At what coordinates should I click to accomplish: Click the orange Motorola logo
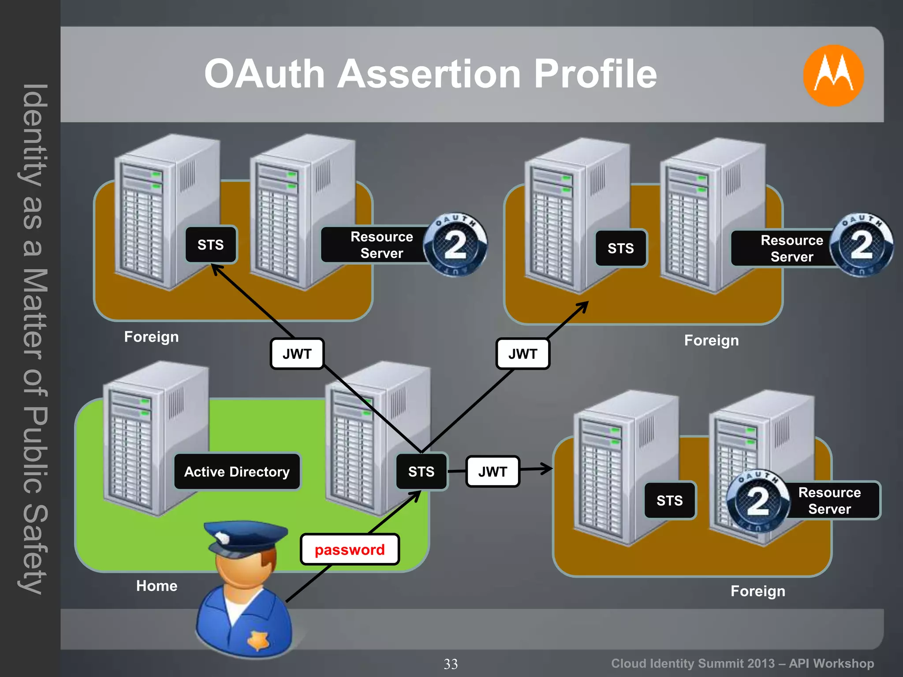coord(833,75)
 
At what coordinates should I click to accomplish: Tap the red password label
coord(350,550)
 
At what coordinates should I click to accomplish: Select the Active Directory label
coord(237,472)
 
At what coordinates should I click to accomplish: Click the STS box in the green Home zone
coord(421,472)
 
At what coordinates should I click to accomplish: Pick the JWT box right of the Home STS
coord(493,472)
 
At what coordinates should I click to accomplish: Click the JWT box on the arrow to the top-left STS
coord(297,353)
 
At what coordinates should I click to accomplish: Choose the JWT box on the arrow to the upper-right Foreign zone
coord(522,353)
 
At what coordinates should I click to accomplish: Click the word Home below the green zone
coord(157,586)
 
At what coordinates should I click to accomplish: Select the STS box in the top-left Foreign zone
coord(211,245)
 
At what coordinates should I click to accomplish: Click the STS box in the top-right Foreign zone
coord(621,248)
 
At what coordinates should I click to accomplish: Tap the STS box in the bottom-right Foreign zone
coord(669,501)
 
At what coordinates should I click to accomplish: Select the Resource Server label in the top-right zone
coord(791,249)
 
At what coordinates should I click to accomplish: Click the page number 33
coord(451,664)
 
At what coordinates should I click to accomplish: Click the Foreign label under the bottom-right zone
coord(757,591)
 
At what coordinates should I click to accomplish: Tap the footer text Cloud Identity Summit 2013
coord(692,663)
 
